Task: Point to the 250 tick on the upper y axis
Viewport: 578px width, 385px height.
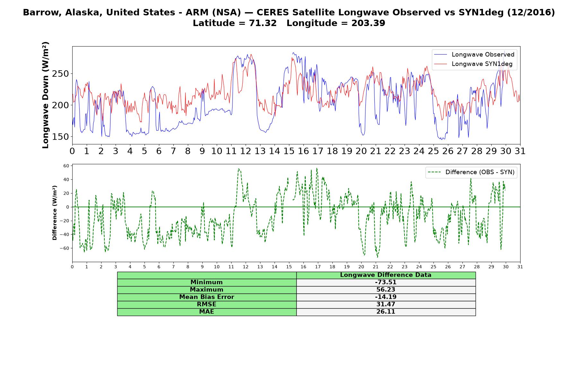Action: coord(60,74)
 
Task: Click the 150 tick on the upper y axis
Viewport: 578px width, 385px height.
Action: coord(60,137)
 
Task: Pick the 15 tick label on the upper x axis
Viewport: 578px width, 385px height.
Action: coord(289,151)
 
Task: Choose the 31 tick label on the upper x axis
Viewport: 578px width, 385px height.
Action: coord(520,151)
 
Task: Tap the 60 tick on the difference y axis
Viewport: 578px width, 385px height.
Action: coord(66,166)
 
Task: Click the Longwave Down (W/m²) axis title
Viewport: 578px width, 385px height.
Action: coord(45,95)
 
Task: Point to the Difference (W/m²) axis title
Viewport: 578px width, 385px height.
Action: coord(55,213)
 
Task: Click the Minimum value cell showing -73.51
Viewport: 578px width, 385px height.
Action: coord(386,282)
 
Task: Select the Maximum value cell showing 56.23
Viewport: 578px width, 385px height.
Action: coord(386,290)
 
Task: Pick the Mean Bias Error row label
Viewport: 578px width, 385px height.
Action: coord(207,297)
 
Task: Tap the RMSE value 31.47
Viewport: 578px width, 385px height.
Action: coord(386,304)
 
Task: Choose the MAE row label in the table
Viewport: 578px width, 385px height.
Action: coord(207,312)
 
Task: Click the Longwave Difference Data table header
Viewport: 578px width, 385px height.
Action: coord(386,275)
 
